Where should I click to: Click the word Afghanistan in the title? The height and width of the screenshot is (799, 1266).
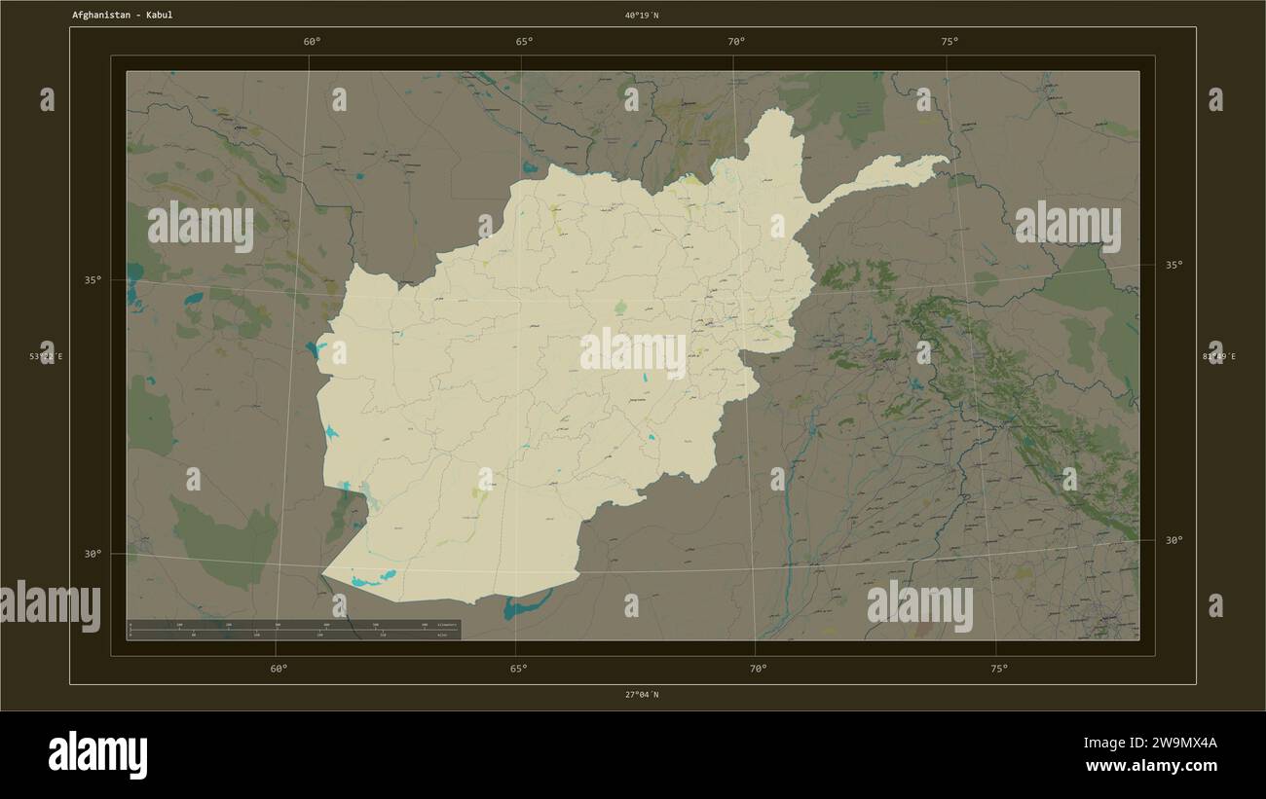[102, 16]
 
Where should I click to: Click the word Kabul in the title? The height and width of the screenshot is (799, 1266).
[159, 16]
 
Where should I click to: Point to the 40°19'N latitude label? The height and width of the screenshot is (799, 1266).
[642, 16]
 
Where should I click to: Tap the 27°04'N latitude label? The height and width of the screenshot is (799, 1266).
[642, 695]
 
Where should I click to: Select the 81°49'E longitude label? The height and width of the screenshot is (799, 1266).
[1218, 357]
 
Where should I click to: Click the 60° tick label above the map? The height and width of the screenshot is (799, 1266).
[312, 42]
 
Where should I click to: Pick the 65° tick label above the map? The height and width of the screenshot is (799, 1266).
[524, 42]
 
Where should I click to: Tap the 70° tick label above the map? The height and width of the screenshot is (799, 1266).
[736, 42]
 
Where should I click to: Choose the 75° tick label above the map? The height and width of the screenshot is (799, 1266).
[949, 42]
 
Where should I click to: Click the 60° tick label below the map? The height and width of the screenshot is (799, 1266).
[279, 669]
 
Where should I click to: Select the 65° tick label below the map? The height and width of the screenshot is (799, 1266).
[519, 669]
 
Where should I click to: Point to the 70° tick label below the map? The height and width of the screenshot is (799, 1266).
[759, 669]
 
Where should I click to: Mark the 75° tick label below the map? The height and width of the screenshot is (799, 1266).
[999, 669]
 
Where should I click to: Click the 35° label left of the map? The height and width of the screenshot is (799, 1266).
[93, 280]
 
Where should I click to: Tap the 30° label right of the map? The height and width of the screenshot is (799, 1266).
[1174, 540]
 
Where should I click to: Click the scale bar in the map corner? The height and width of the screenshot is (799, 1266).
[293, 630]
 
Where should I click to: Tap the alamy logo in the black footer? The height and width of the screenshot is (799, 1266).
[98, 755]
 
